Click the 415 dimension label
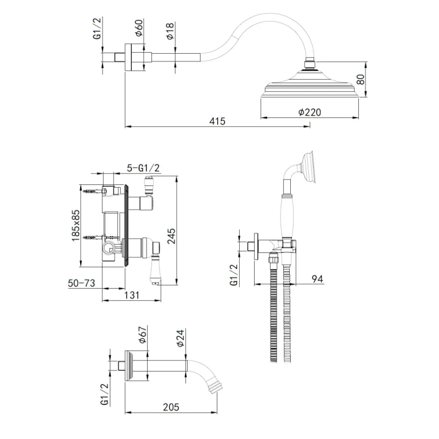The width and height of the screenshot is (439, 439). pos(217,121)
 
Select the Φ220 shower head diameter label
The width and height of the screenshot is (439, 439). pos(309,112)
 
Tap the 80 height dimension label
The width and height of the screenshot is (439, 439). pos(361,79)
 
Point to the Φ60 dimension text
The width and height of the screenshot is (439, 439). pos(139,28)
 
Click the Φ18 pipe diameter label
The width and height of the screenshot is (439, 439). pos(170,31)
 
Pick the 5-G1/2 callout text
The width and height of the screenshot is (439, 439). pos(143,168)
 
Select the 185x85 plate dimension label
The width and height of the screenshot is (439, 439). pos(76,226)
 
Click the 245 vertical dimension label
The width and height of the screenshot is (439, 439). pos(171,236)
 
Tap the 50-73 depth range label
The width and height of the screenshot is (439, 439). pos(81,283)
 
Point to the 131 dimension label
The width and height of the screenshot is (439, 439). pos(132,295)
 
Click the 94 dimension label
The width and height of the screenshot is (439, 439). pos(318,279)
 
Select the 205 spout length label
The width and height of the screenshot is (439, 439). pos(171,407)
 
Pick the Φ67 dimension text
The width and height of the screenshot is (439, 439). pos(142,335)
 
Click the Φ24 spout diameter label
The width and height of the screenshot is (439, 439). pos(181,338)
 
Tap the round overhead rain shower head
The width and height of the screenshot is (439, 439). pos(309,83)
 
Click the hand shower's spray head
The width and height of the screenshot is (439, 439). pos(309,167)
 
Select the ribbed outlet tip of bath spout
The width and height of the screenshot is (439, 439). pos(216,387)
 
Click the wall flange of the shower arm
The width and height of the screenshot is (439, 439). pos(128,57)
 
